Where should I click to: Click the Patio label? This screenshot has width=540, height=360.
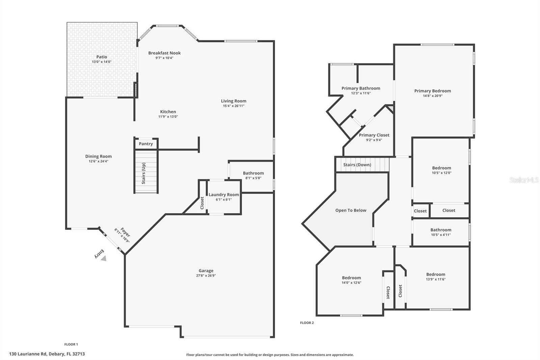[102, 57]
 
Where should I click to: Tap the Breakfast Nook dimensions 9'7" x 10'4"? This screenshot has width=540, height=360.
[164, 58]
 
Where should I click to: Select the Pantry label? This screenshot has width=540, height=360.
[146, 144]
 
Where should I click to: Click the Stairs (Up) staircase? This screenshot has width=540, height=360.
[146, 172]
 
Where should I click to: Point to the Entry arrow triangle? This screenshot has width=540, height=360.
[104, 258]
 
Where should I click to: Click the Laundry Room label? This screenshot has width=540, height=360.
[223, 195]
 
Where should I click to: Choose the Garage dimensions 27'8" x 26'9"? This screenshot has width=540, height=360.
[206, 276]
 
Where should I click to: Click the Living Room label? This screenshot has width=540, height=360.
[234, 101]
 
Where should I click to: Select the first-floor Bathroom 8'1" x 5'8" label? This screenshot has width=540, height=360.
[253, 173]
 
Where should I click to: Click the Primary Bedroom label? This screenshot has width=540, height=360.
[432, 91]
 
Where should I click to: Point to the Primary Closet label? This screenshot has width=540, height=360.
[374, 135]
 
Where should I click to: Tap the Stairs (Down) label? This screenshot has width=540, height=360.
[357, 165]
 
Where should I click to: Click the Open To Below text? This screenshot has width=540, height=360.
[351, 210]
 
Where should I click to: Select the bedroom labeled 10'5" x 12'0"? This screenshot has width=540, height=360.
[441, 168]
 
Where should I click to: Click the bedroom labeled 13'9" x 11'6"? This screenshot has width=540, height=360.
[435, 275]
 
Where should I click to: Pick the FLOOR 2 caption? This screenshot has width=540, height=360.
[307, 323]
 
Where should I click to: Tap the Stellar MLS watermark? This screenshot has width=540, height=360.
[524, 180]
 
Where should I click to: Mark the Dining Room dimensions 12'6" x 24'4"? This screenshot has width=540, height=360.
[98, 161]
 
